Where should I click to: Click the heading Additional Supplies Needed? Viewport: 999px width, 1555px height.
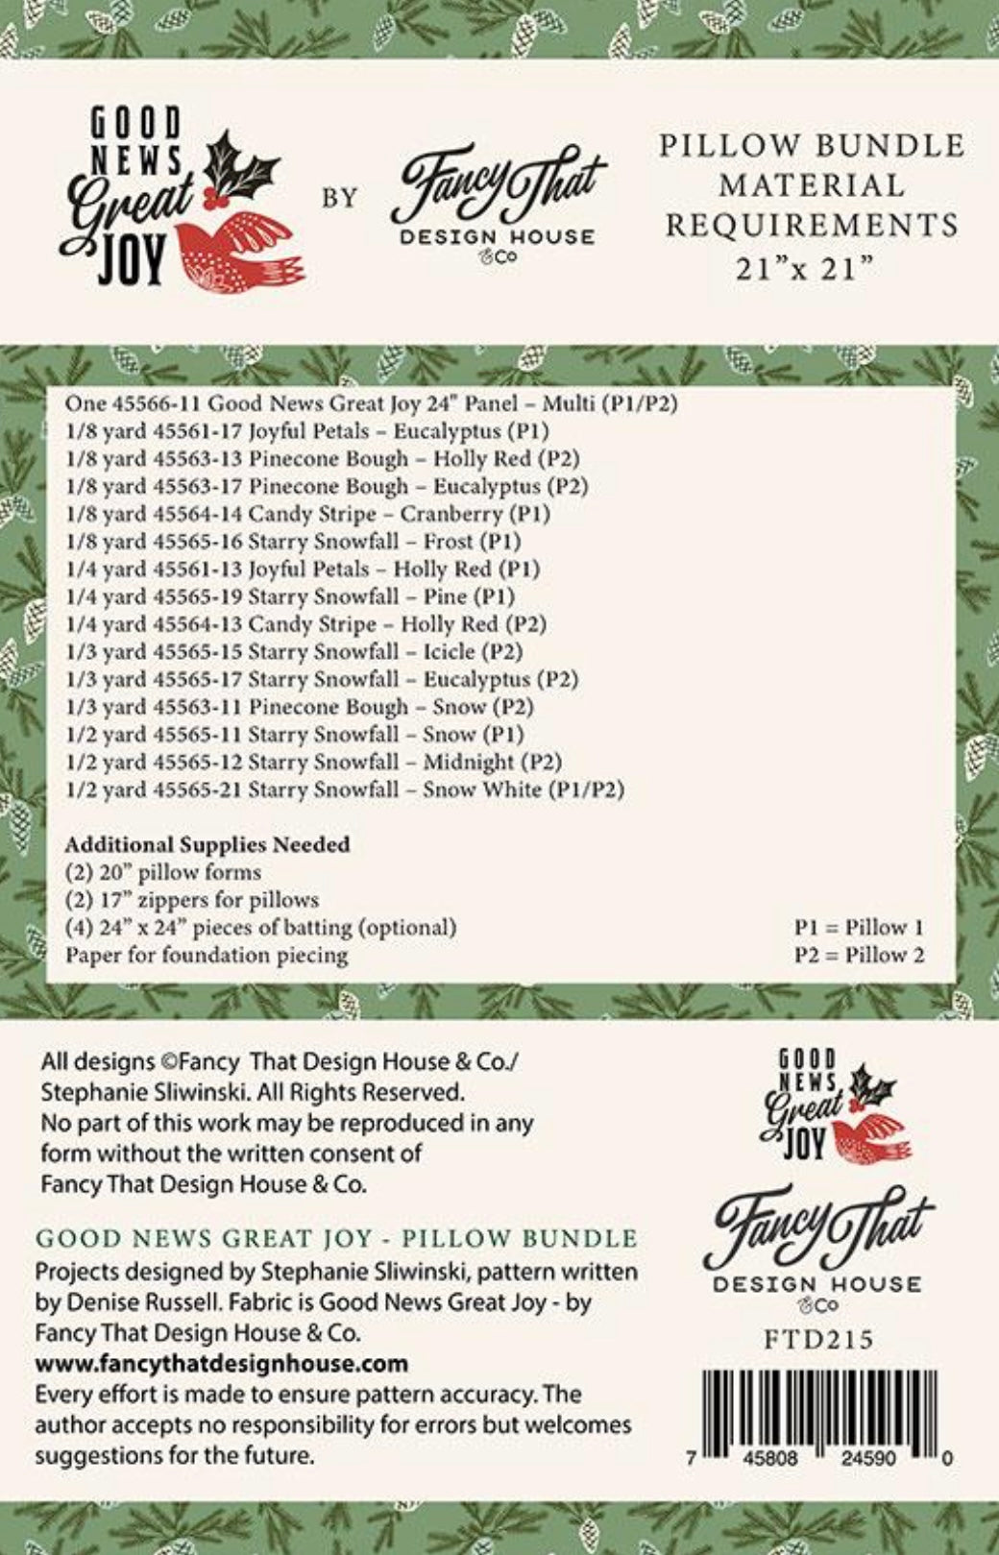point(207,845)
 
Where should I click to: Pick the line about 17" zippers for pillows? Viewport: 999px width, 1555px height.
point(192,900)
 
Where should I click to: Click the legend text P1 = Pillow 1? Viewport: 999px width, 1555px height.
point(859,928)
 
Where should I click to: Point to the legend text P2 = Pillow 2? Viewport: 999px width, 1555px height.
point(859,956)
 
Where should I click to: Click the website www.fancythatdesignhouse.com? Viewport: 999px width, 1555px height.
point(222,1364)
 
